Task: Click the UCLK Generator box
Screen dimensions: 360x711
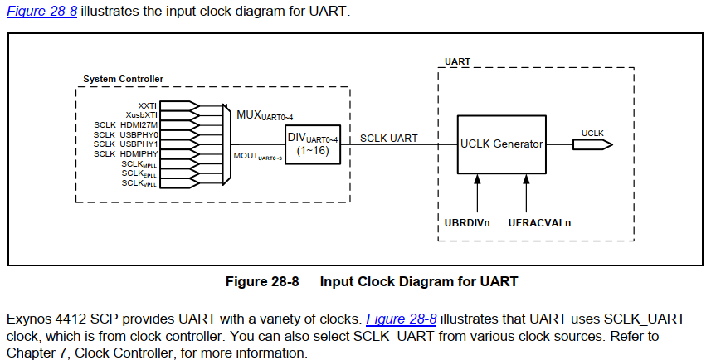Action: [x=501, y=144]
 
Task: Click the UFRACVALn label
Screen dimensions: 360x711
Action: [x=539, y=223]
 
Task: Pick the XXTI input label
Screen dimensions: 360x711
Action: [x=147, y=106]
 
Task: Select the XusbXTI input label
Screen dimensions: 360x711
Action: [x=141, y=115]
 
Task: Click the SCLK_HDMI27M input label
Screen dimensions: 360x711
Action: [x=125, y=125]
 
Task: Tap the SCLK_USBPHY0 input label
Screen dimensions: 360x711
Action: [x=125, y=134]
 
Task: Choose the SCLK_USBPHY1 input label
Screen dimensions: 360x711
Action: [x=125, y=144]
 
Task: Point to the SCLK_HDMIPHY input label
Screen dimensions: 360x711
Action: [x=125, y=154]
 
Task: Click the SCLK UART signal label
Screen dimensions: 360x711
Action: [x=388, y=138]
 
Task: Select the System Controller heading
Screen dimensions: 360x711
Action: [x=123, y=80]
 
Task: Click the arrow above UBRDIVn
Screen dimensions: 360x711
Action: [x=477, y=194]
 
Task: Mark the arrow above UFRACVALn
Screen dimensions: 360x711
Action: [x=525, y=194]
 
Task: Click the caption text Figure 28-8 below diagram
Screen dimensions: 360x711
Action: [x=261, y=281]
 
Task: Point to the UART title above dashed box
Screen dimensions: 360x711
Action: [x=457, y=61]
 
